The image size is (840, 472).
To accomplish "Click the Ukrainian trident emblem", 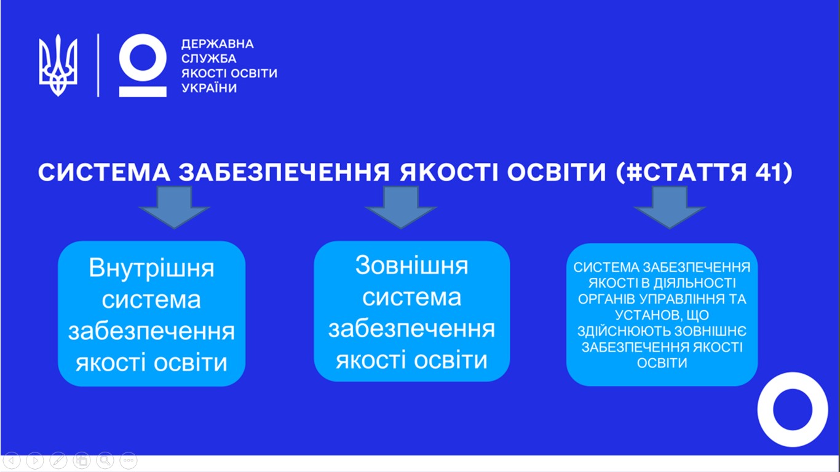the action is click(x=58, y=65).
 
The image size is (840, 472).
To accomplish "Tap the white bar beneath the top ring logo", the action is click(x=143, y=92).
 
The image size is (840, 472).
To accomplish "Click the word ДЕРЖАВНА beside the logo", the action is click(x=218, y=44).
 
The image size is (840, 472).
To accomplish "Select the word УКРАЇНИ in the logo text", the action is click(x=209, y=88).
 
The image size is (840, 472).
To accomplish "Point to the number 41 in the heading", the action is click(x=767, y=173).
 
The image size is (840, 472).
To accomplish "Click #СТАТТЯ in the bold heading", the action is click(x=686, y=173).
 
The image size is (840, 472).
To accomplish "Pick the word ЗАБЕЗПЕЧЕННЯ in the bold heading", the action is click(x=284, y=173).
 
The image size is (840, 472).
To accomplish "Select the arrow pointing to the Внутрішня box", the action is click(x=175, y=207).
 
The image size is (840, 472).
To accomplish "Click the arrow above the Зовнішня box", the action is click(x=401, y=207).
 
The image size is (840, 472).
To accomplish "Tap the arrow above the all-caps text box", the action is click(x=670, y=207).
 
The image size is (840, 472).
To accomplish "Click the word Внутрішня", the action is click(x=151, y=269).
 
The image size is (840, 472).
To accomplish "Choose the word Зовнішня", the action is click(x=412, y=265).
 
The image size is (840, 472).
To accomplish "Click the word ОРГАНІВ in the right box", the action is click(x=607, y=299).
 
